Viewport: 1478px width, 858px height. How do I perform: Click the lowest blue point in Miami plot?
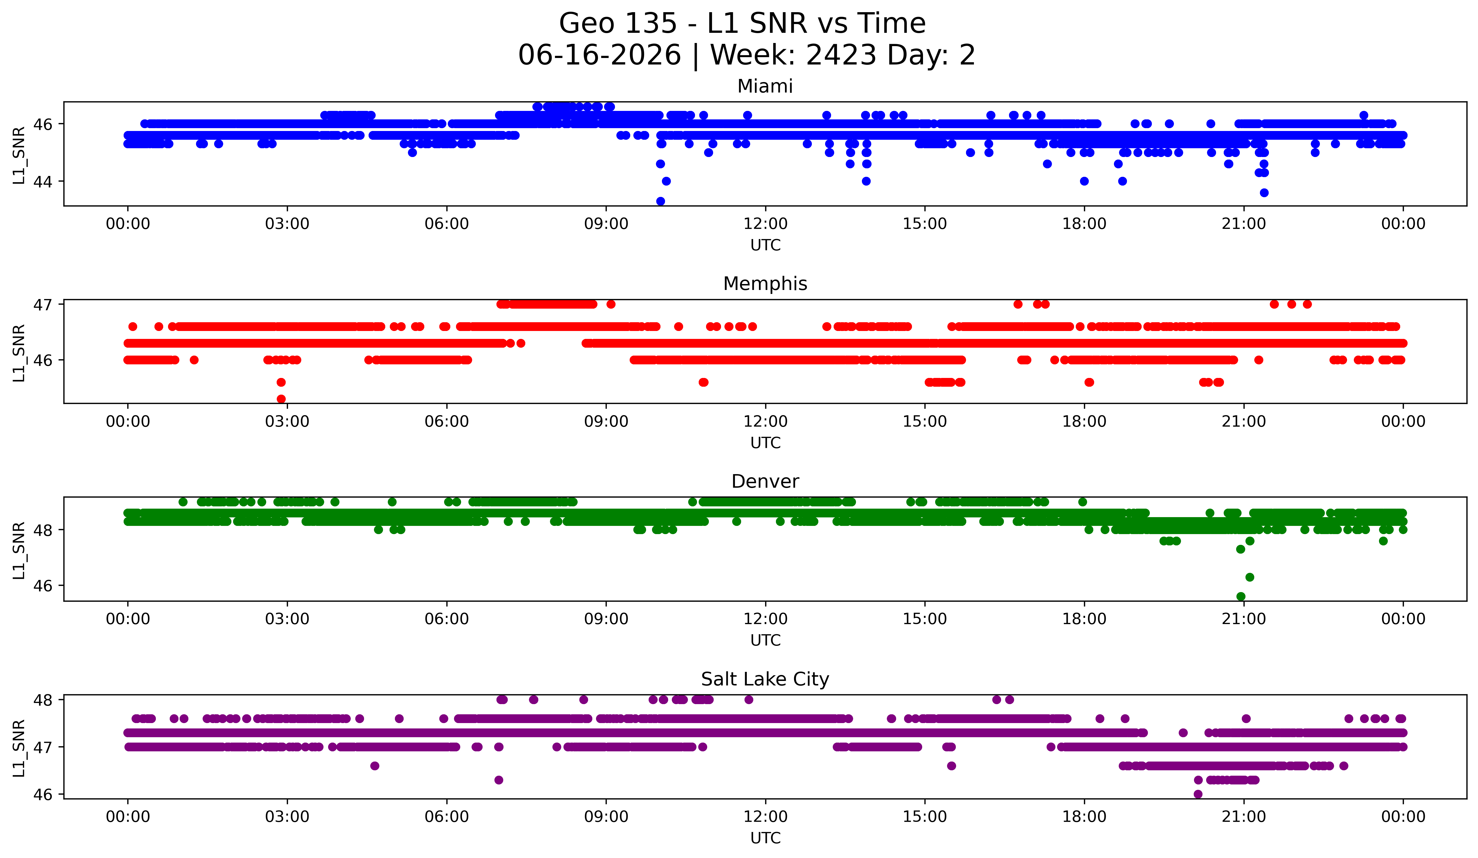[x=661, y=201]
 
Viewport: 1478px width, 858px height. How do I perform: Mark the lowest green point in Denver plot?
[x=1240, y=596]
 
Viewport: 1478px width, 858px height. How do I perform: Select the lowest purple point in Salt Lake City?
[x=1198, y=794]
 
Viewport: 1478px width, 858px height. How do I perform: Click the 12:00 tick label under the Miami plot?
[x=765, y=224]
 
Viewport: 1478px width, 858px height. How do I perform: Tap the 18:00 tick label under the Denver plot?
[x=1084, y=619]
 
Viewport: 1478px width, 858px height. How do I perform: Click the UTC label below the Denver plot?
[x=765, y=640]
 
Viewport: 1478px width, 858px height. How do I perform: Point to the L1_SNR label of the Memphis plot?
[x=19, y=353]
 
